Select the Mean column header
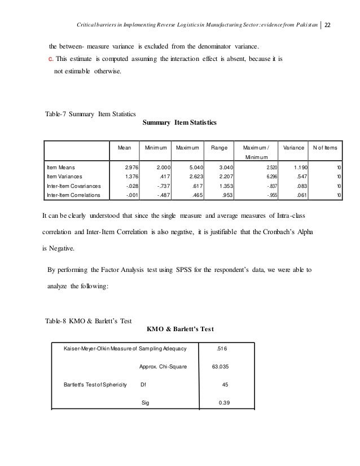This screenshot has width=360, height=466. coord(124,147)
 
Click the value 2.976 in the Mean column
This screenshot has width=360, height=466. coord(131,168)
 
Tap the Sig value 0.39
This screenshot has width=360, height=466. coord(225,403)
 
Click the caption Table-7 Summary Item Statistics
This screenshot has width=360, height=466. coord(90,115)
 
